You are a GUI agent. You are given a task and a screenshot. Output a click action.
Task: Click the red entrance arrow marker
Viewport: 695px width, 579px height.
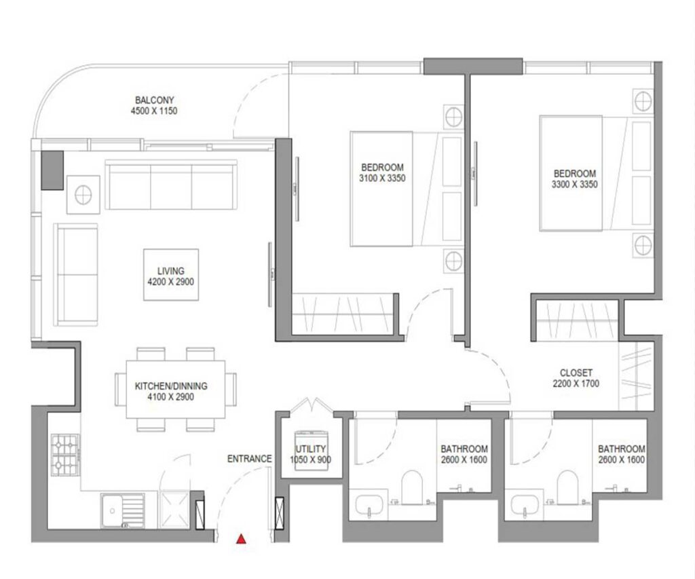point(240,540)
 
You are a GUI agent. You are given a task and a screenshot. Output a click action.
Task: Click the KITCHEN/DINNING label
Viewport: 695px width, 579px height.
point(170,386)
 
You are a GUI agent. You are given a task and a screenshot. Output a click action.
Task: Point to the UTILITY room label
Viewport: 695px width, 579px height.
point(312,449)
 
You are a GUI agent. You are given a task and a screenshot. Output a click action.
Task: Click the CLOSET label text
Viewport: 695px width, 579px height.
point(576,373)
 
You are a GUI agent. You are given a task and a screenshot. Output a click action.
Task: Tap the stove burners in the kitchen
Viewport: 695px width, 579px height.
point(65,455)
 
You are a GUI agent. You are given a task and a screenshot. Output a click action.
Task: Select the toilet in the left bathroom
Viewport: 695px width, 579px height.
point(412,488)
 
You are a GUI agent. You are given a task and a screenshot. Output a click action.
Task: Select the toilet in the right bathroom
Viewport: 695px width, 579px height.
point(567,488)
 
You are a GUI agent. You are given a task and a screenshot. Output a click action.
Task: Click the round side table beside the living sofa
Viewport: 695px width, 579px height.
point(83,195)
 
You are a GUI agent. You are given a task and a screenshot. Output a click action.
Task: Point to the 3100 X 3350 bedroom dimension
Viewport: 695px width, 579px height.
point(382,179)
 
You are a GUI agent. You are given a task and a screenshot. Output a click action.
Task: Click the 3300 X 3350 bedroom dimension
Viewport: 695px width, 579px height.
point(574,184)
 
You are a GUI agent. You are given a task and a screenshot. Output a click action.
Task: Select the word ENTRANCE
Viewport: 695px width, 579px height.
point(249,460)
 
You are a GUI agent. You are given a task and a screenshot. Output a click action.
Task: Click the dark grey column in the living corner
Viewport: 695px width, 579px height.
point(52,170)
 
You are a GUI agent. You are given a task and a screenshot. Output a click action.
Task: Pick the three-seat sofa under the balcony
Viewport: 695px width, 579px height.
point(171,185)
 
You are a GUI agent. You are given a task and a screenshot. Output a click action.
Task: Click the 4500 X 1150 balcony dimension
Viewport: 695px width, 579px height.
point(155,111)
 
